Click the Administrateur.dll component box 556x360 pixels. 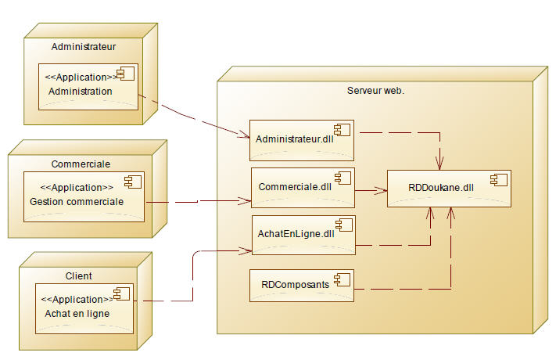coord(302,140)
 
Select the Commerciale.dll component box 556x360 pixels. coord(303,188)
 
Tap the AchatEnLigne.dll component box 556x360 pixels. coord(303,234)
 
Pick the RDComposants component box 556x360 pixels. coord(301,286)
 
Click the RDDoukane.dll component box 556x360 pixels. coord(449,188)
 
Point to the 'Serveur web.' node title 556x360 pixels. coord(375,91)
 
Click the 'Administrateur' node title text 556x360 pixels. coord(84,47)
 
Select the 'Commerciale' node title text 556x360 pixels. coord(80,164)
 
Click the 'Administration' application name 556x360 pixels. coord(80,92)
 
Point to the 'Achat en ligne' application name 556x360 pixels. coord(77,313)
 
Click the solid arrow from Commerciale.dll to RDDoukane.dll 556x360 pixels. coord(371,189)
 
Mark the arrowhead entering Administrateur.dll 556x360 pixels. coord(244,135)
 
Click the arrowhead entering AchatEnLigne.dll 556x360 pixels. coord(246,250)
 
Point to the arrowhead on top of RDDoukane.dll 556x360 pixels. coord(440,164)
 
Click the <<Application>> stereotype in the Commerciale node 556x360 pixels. coord(76,188)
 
